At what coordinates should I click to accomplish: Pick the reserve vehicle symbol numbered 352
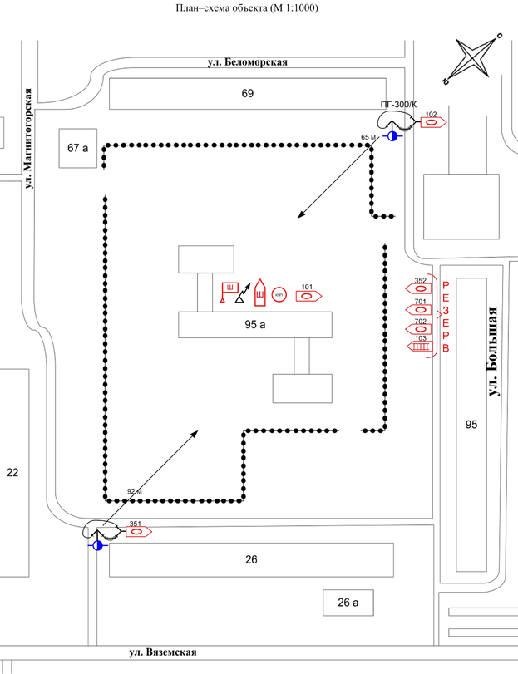[420, 288]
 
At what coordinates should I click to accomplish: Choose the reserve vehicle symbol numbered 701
[420, 309]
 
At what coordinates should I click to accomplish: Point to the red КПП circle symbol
[279, 295]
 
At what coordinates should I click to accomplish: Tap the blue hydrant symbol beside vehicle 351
[98, 545]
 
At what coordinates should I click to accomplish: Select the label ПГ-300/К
[397, 102]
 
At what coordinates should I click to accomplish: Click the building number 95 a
[254, 324]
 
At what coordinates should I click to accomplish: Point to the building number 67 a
[78, 147]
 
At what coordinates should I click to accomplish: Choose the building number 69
[247, 93]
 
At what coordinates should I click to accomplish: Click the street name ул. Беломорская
[247, 63]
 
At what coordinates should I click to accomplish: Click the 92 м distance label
[135, 491]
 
